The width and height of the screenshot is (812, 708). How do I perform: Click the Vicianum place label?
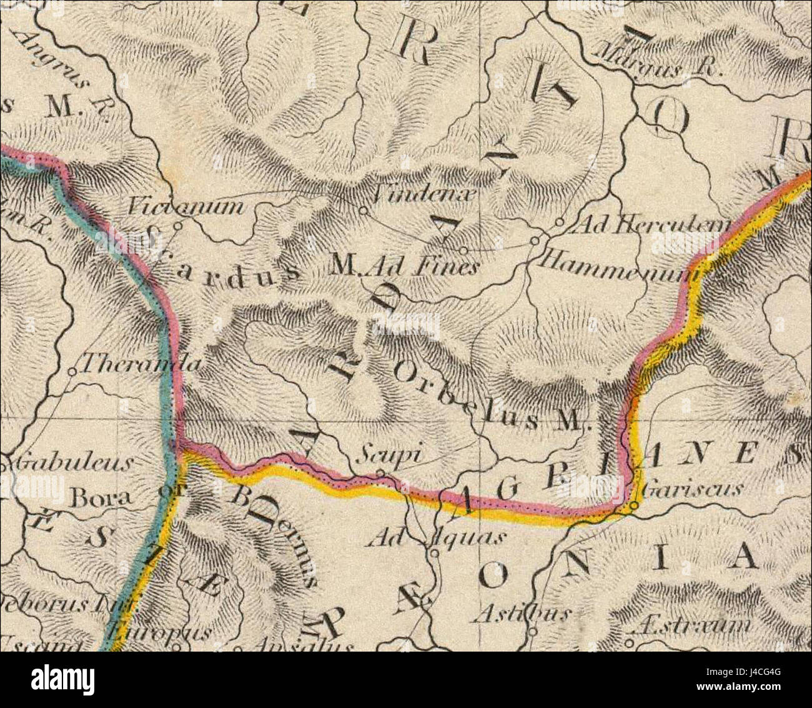[186, 206]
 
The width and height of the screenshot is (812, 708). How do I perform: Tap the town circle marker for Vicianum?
[177, 226]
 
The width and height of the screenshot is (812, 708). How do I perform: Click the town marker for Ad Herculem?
[560, 222]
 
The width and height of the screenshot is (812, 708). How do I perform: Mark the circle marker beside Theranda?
[71, 372]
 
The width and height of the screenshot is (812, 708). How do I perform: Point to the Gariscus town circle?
[634, 504]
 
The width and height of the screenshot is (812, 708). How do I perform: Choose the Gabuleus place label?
[70, 463]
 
